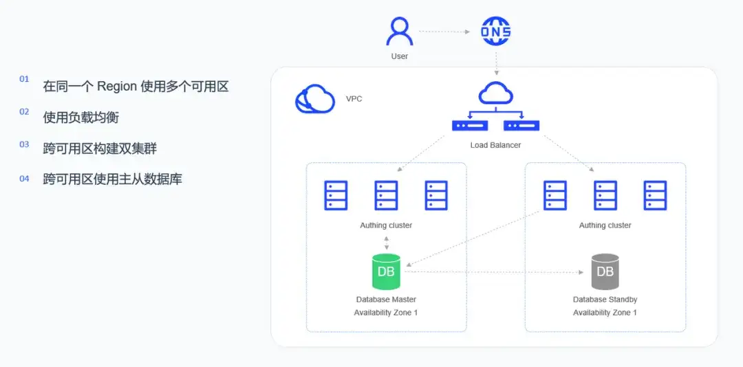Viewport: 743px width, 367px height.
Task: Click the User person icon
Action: (400, 31)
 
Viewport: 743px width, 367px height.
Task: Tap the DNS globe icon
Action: (496, 31)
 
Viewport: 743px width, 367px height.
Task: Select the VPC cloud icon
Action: (314, 98)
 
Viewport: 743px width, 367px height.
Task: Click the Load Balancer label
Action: (495, 145)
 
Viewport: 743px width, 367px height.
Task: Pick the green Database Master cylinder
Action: (386, 272)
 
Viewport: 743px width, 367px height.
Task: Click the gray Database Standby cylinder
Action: (605, 272)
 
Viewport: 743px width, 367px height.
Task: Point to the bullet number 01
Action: (24, 79)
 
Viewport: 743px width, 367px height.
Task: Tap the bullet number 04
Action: (24, 179)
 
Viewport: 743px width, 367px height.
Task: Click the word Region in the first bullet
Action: (117, 87)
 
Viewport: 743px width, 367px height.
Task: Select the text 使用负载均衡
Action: (81, 117)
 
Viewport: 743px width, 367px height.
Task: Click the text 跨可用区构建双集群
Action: (100, 149)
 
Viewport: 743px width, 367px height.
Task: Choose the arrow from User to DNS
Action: (444, 32)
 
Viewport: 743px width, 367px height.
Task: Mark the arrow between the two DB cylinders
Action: (494, 272)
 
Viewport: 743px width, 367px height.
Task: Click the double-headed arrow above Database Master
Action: (387, 242)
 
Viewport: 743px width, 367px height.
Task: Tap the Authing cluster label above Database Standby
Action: (605, 225)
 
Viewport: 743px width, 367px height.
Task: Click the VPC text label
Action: (354, 100)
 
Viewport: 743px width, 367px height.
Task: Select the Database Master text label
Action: (386, 300)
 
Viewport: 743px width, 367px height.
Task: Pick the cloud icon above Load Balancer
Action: (495, 93)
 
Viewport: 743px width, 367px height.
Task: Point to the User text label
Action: (400, 56)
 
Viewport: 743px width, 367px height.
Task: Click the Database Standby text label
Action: (605, 300)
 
